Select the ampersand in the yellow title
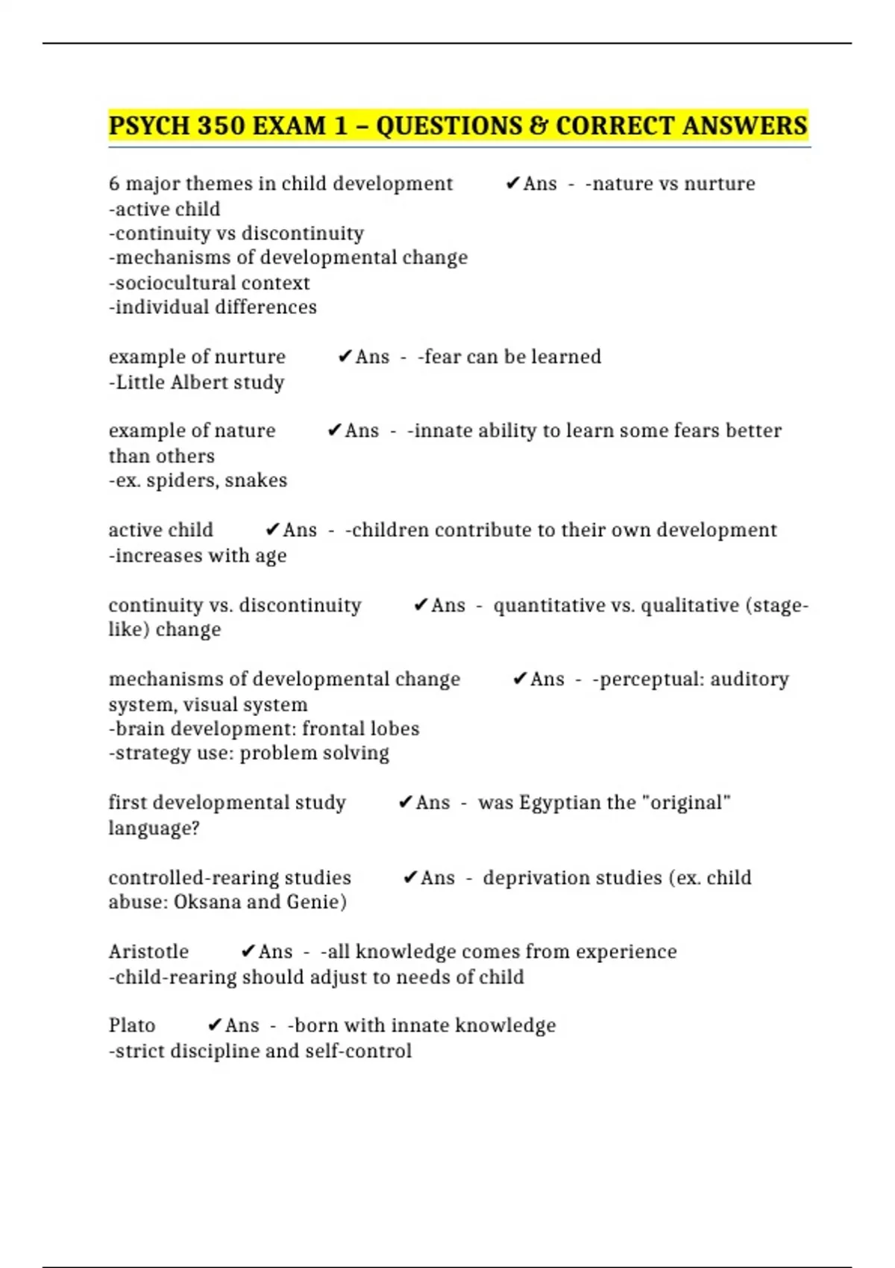(538, 125)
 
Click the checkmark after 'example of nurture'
(345, 357)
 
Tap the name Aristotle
(148, 952)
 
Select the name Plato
(132, 1026)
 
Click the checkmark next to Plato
(215, 1026)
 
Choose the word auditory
(749, 679)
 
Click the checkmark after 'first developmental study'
(405, 803)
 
